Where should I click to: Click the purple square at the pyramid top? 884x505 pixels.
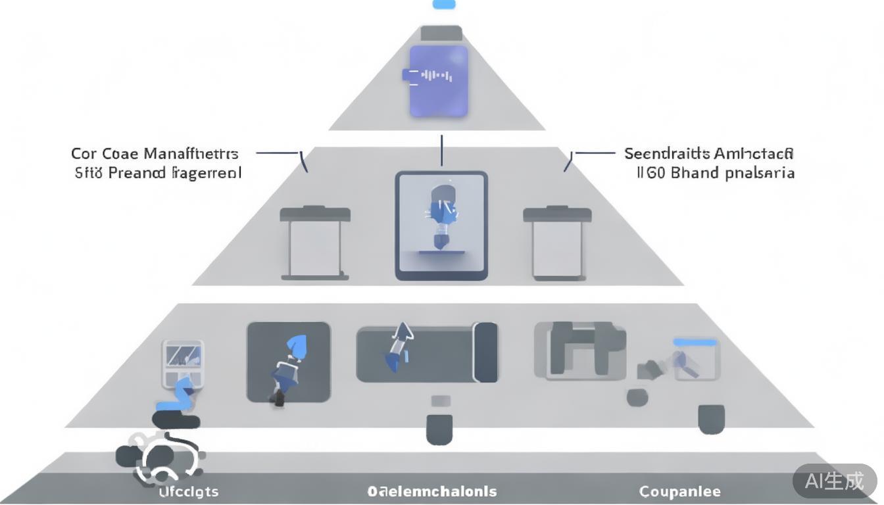pos(439,81)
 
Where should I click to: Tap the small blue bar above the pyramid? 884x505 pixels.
pos(443,5)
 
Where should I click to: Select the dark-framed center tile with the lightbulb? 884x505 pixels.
pos(441,226)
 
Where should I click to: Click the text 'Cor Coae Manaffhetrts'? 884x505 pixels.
pos(155,154)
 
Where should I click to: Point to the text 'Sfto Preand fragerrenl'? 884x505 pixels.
pos(158,173)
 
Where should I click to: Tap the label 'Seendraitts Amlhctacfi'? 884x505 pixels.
pos(709,154)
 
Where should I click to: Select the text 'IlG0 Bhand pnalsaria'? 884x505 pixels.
pos(714,173)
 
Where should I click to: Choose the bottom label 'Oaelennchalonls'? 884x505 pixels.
pos(432,491)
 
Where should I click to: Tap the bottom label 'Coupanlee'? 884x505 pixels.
pos(679,491)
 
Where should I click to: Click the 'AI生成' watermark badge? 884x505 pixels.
pos(835,481)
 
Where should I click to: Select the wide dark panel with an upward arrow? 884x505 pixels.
pos(427,352)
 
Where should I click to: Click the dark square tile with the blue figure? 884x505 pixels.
pos(288,362)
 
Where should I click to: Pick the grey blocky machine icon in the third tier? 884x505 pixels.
pos(579,350)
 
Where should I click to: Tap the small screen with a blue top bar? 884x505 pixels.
pos(695,359)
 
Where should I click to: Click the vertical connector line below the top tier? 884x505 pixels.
pos(441,151)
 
